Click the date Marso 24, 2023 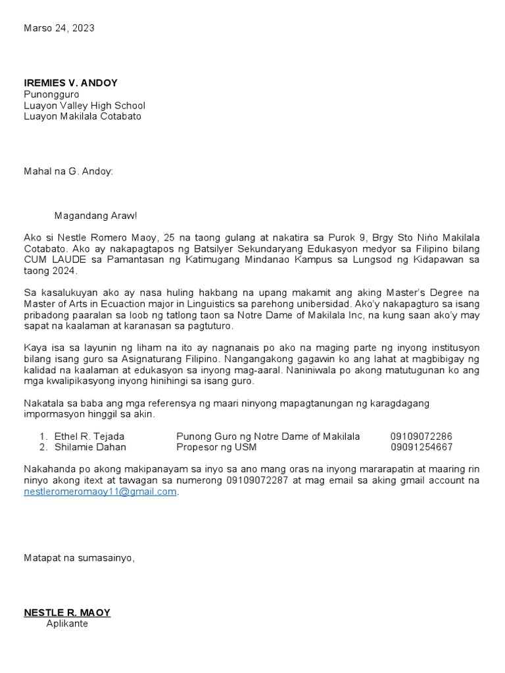tap(59, 28)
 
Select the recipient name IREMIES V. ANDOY tap(70, 83)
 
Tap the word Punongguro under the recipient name tap(51, 94)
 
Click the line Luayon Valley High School tap(84, 105)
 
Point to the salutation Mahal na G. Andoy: tap(68, 171)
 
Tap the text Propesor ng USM tap(216, 448)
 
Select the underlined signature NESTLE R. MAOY tap(67, 613)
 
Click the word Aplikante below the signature tap(67, 624)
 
